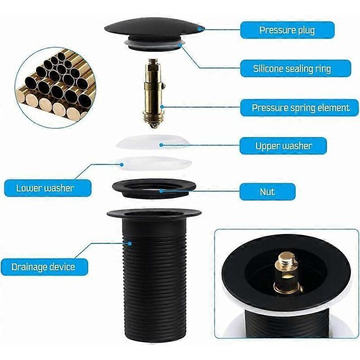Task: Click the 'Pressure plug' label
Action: (287, 30)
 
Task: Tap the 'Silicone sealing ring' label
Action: (295, 69)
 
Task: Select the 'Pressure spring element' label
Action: (300, 107)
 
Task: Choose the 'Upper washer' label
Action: (283, 146)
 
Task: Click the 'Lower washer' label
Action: (48, 188)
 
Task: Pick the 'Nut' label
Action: (268, 192)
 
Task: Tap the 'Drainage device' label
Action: (44, 267)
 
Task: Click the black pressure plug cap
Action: (154, 29)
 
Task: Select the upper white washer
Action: (153, 142)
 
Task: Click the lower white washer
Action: (154, 163)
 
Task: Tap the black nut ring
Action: (154, 189)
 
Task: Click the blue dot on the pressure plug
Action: (200, 29)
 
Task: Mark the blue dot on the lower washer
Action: (122, 164)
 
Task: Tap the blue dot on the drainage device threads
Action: (130, 244)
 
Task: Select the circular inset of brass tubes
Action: (56, 88)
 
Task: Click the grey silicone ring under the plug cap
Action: (154, 44)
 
